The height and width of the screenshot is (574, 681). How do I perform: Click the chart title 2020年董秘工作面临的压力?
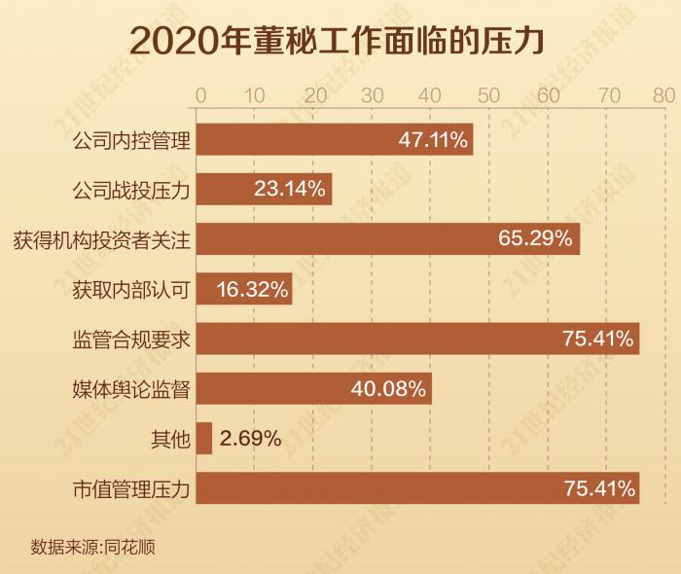pos(340,41)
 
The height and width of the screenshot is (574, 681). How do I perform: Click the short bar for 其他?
pos(204,439)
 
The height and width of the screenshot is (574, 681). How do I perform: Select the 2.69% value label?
pos(251,439)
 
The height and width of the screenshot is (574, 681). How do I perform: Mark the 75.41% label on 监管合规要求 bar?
pos(598,339)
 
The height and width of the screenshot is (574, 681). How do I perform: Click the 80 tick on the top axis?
pos(664,95)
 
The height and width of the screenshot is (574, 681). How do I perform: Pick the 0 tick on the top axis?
pos(200,95)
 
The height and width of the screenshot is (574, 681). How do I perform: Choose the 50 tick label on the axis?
pos(488,95)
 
